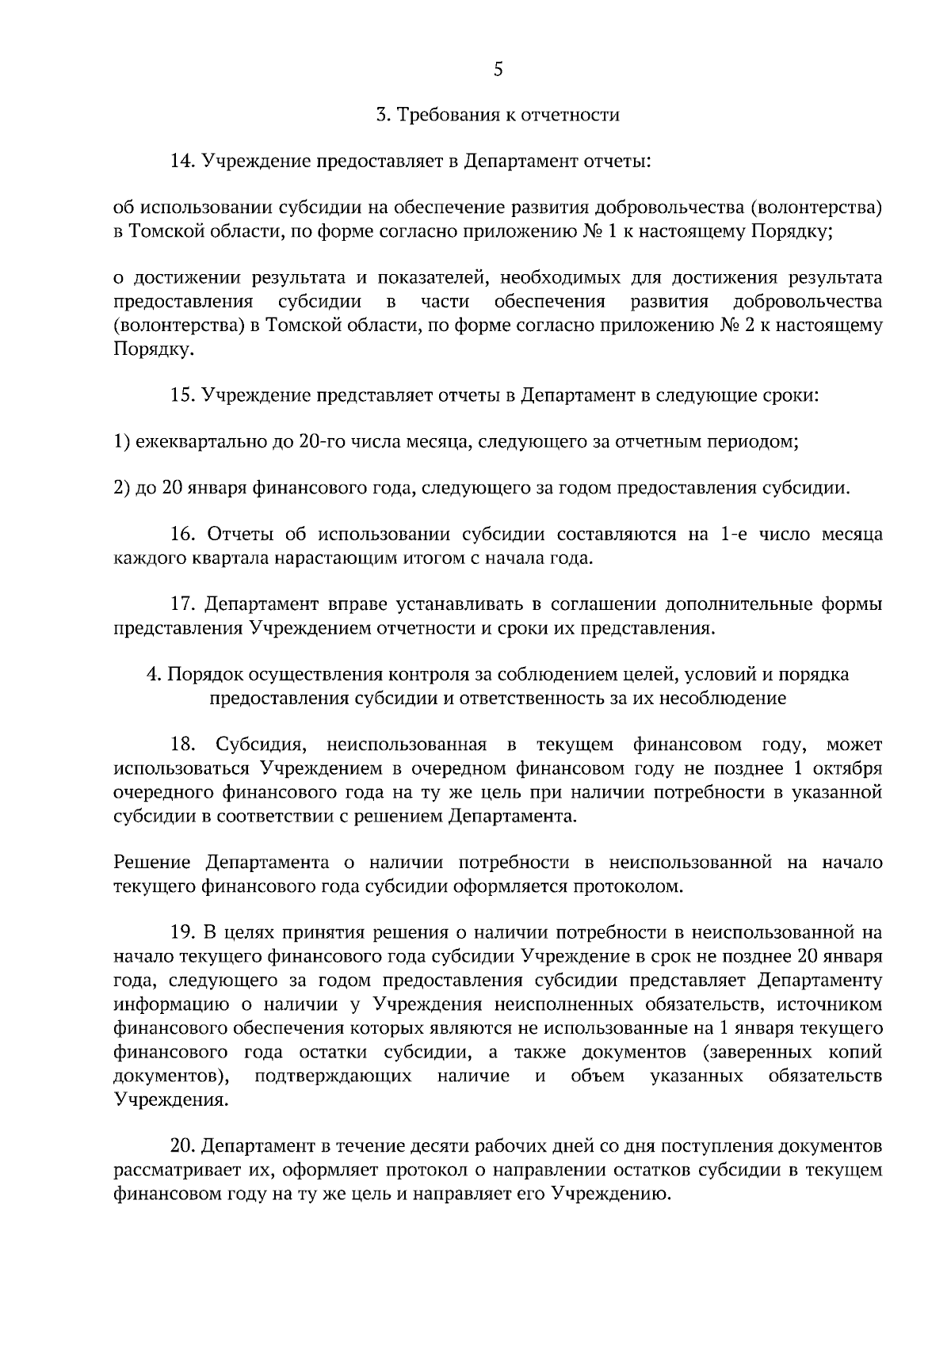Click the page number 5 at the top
(497, 69)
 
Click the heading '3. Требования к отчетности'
(497, 116)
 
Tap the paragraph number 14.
(182, 162)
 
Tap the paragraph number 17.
(182, 604)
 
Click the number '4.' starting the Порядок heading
(155, 674)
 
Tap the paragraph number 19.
(182, 933)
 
